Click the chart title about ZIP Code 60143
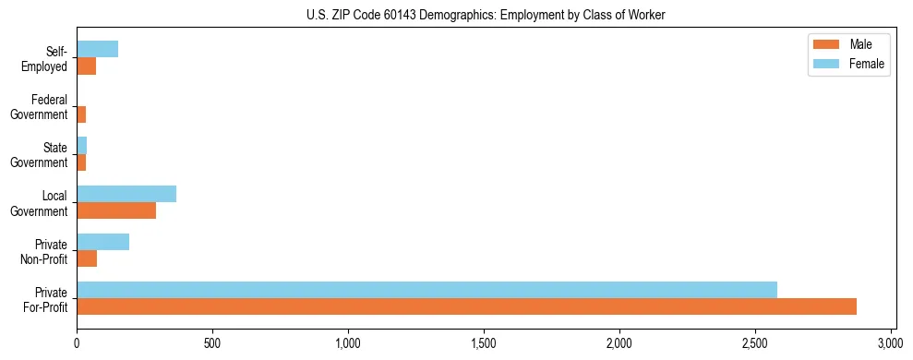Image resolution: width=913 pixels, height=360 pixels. [487, 15]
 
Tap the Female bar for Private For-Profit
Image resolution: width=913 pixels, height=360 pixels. [426, 290]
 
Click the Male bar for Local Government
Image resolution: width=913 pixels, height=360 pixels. [116, 210]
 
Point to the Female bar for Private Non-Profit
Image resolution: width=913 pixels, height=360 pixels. [102, 242]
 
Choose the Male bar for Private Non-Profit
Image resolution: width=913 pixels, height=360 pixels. [87, 258]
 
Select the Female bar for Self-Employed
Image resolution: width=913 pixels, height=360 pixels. [97, 50]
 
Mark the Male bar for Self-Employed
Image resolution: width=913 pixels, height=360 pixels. [86, 66]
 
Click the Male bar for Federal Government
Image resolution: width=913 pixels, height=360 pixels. [81, 114]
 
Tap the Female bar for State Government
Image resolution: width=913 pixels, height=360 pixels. [81, 146]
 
